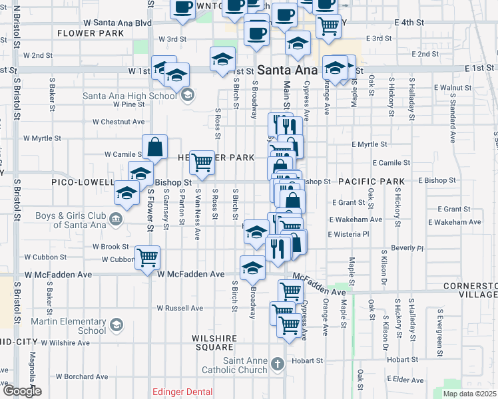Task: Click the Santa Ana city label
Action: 288,69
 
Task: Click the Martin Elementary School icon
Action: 117,325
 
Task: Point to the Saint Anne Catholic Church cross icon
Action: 278,364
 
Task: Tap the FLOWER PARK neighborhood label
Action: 91,33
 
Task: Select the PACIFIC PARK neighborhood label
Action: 371,181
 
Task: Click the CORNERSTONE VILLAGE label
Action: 471,290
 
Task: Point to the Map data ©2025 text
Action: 469,394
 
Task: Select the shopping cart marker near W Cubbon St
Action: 148,257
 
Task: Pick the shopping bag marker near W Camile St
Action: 154,148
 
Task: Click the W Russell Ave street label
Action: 180,308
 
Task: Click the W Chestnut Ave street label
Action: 119,122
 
